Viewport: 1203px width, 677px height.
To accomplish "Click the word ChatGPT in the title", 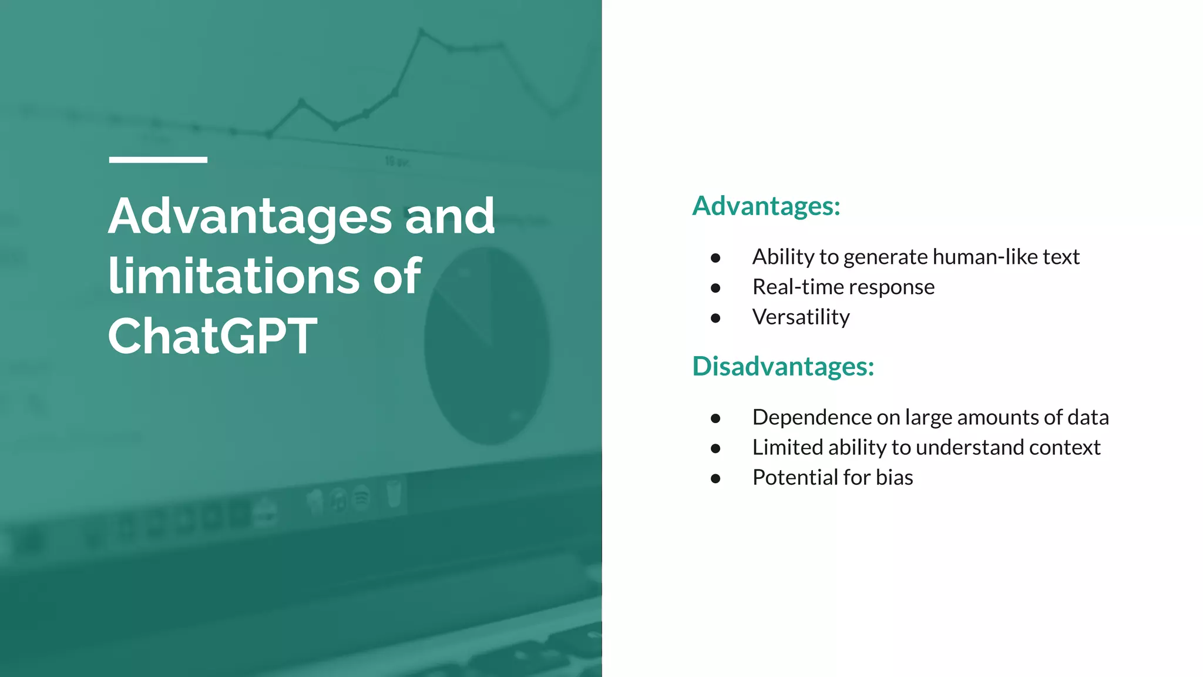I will tap(212, 336).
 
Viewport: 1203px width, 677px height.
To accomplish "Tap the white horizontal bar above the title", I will tap(158, 160).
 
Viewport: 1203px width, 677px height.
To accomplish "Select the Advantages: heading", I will tap(766, 206).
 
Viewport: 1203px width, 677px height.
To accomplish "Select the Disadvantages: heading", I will tap(783, 366).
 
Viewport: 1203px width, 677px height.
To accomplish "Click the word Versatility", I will tap(801, 317).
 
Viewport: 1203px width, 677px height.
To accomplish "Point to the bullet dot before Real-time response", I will tap(715, 288).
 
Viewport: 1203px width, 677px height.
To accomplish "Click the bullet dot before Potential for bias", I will tap(715, 478).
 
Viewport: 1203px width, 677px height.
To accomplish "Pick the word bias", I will tap(894, 477).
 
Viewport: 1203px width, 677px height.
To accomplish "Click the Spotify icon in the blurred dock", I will tap(361, 499).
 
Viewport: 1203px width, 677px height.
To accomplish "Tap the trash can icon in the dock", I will tap(394, 493).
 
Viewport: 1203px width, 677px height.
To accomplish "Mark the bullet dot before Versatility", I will tap(715, 318).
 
